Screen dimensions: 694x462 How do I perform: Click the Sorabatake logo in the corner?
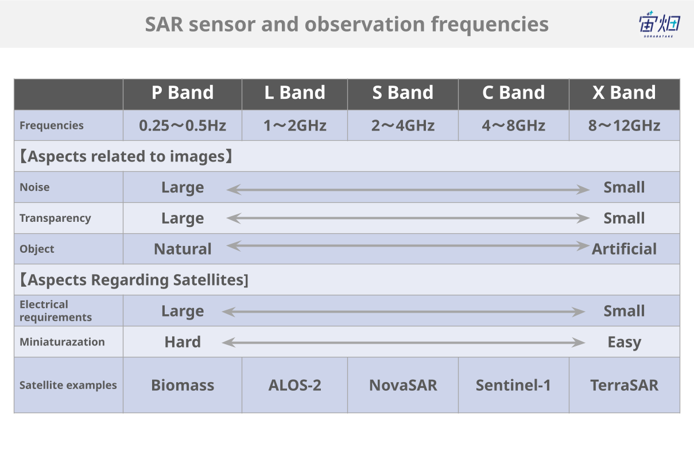coord(660,24)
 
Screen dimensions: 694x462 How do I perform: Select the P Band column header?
coord(183,93)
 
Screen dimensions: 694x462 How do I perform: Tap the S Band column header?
coord(403,93)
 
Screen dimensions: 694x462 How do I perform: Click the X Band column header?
coord(624,93)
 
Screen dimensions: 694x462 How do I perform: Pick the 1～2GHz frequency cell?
coord(294,126)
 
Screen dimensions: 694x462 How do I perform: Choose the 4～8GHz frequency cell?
coord(513,126)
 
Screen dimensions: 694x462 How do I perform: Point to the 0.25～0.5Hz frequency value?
coord(183,126)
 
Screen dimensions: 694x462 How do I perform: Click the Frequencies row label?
coord(52,126)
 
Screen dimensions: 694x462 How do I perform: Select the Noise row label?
coord(34,187)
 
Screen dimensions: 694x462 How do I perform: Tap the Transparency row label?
coord(55,218)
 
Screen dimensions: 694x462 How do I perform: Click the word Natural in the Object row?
coord(183,249)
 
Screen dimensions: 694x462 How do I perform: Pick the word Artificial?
coord(624,249)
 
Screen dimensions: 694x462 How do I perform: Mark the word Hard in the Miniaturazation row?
coord(183,342)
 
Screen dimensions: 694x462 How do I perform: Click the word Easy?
coord(625,342)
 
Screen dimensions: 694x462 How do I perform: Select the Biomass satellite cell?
coord(183,386)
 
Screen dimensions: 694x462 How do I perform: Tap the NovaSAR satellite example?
coord(403,386)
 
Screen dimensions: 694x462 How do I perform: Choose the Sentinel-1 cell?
coord(513,386)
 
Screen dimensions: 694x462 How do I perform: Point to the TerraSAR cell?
coord(625,386)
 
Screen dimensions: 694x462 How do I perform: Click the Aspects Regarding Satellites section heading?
coord(134,280)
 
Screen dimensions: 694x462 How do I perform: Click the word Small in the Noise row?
coord(624,187)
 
